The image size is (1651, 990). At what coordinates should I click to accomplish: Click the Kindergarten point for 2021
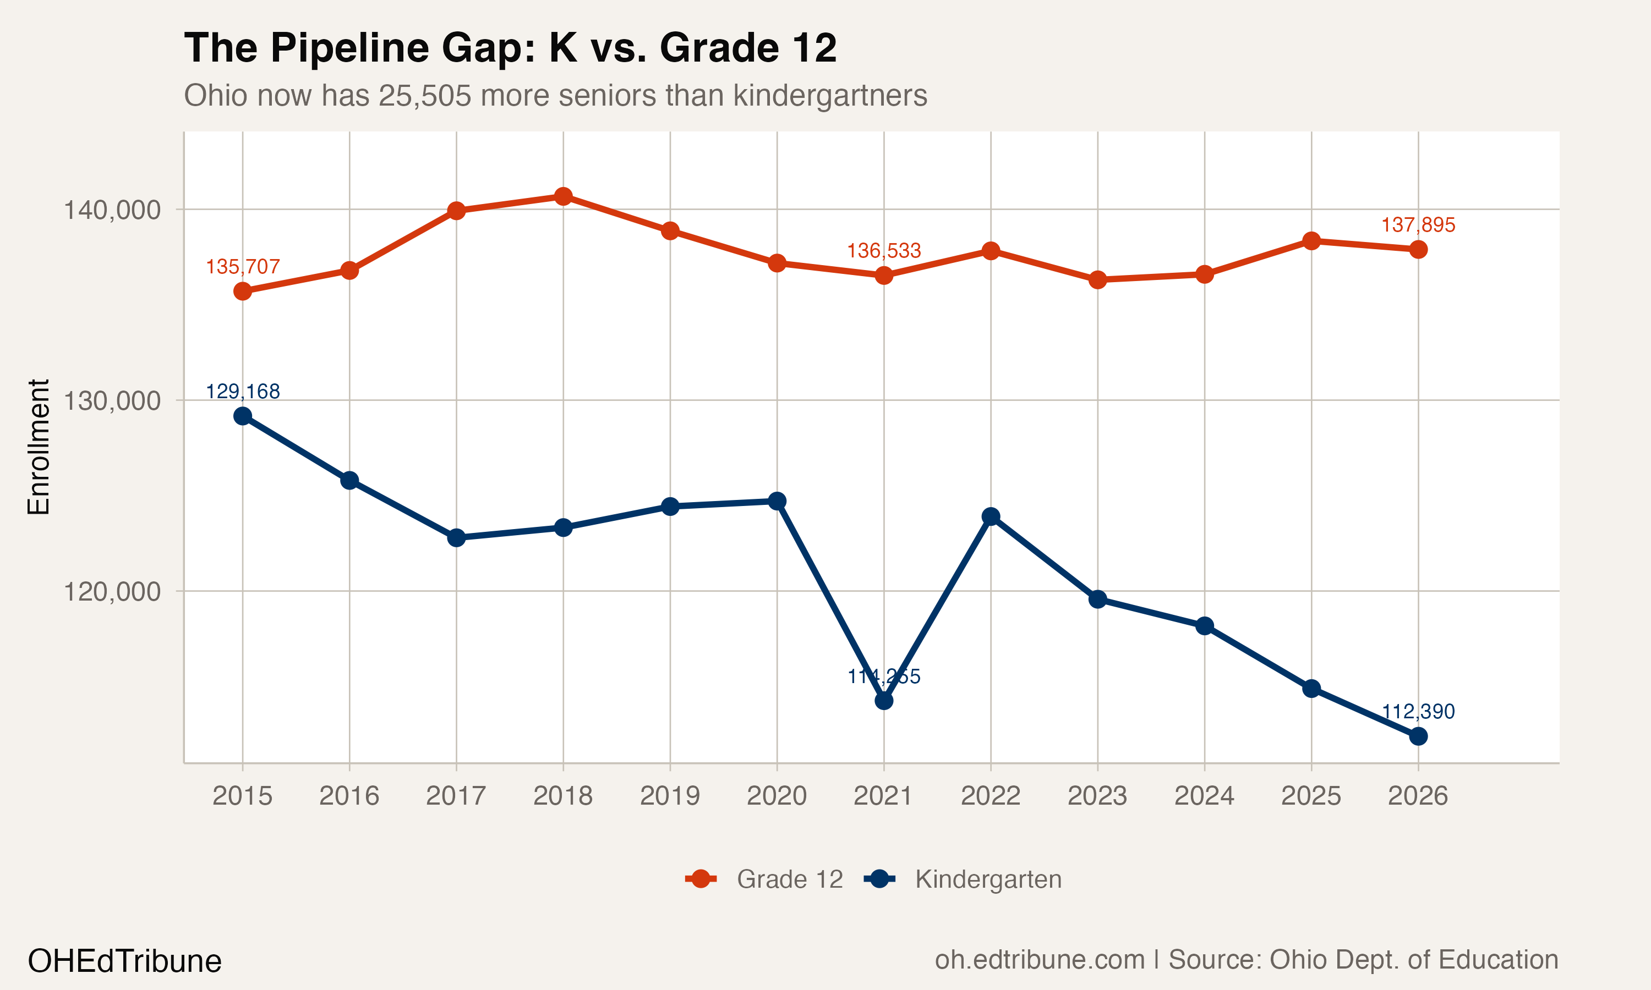(883, 701)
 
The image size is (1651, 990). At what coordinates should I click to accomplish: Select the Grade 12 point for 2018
(563, 196)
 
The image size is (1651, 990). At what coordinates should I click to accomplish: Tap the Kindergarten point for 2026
(1418, 736)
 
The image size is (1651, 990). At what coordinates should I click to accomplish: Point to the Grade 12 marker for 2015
(242, 291)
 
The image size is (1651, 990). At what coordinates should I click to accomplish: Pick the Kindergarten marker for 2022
(991, 516)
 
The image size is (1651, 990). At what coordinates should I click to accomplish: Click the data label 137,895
(1418, 225)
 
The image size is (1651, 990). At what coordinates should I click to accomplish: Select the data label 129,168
(242, 392)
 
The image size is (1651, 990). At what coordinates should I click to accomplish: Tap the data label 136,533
(883, 251)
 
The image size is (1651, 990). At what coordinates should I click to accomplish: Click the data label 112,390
(1418, 712)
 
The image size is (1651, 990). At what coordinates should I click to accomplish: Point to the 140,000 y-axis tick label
(112, 210)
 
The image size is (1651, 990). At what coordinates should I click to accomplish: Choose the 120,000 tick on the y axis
(112, 592)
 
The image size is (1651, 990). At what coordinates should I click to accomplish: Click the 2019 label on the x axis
(669, 796)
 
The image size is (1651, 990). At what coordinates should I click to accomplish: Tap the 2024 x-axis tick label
(1204, 796)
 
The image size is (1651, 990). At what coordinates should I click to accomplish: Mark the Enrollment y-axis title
(39, 447)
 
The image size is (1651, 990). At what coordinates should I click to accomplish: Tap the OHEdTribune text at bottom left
(124, 961)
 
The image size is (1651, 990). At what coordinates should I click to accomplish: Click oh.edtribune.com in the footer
(1039, 960)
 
